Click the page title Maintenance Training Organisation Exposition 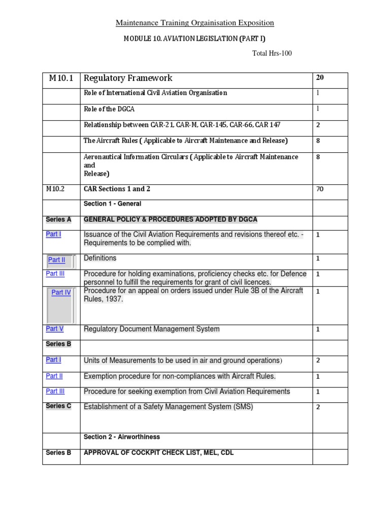tap(195, 23)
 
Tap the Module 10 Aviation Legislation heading tap(195, 39)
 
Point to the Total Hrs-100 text tap(272, 53)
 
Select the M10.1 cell tap(61, 78)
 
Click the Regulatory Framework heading tap(128, 78)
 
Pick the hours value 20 tap(320, 78)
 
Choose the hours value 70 tap(320, 189)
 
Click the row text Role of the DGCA tap(109, 109)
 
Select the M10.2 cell tap(56, 189)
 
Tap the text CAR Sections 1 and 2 tap(117, 189)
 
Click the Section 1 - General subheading tap(112, 204)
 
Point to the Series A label tap(58, 219)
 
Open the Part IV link tap(61, 292)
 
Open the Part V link tap(54, 329)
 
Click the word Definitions tap(100, 258)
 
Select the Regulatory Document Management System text tap(151, 329)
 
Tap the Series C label tap(58, 406)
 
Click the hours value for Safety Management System tap(318, 407)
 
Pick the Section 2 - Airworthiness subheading tap(122, 437)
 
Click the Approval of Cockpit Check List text tap(158, 452)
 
